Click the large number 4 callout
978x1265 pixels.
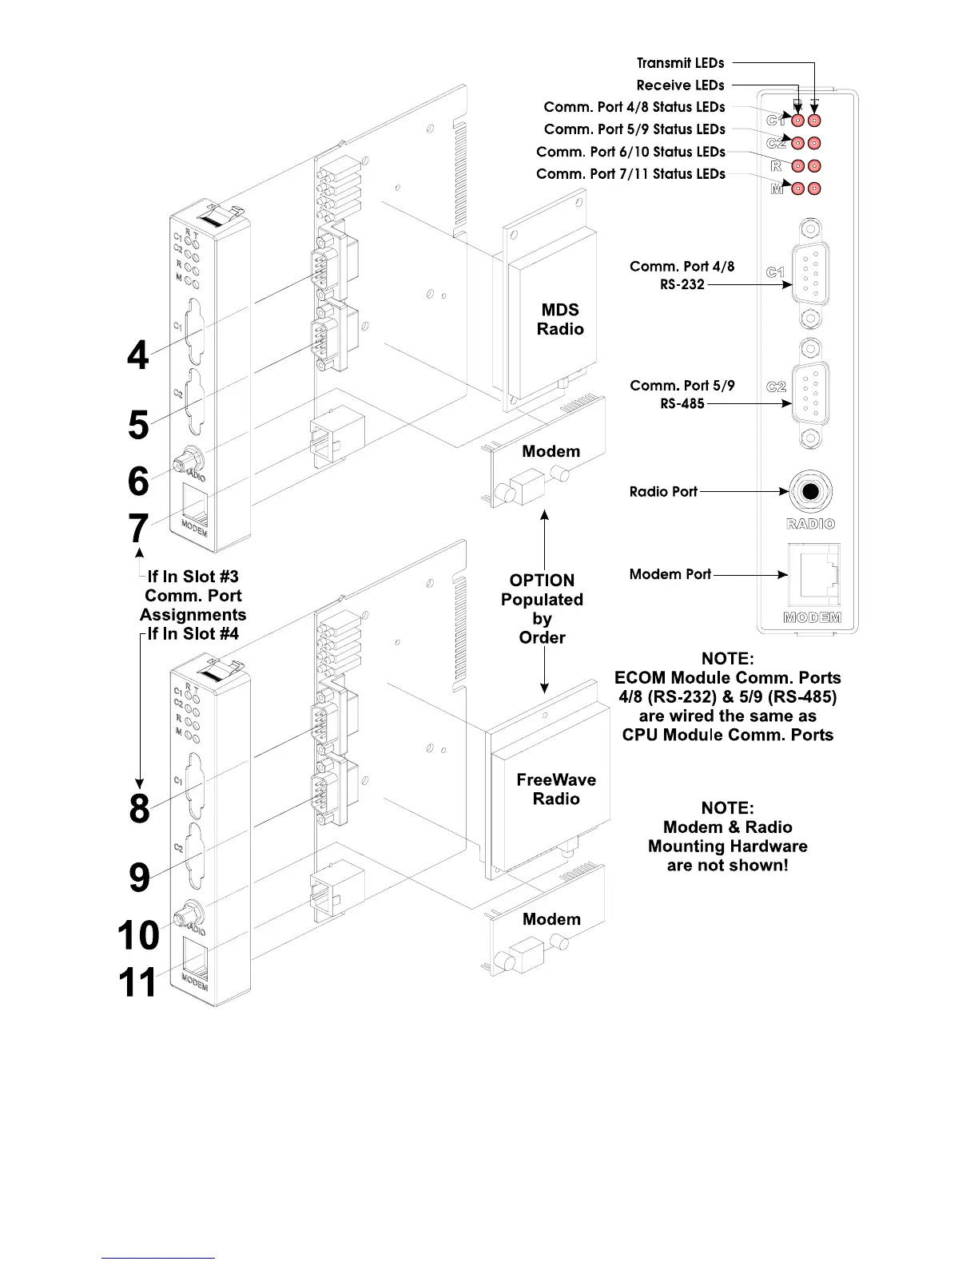(138, 355)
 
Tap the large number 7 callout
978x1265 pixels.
(138, 528)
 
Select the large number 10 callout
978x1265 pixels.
(138, 934)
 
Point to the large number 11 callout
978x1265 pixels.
(137, 981)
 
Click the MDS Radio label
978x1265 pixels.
(559, 319)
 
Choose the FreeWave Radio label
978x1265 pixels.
(556, 789)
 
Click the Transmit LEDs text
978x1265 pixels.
(680, 63)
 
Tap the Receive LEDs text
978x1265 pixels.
(680, 85)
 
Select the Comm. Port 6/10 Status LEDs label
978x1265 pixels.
(630, 152)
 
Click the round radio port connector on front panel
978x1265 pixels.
(810, 491)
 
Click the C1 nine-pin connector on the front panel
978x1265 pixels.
(810, 273)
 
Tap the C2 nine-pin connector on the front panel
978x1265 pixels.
(810, 388)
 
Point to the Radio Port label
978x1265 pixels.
(663, 492)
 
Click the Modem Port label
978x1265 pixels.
(670, 574)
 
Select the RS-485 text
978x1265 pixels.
(682, 404)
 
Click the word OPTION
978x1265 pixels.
(542, 581)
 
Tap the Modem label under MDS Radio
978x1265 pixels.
(551, 451)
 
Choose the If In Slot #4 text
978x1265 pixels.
(193, 634)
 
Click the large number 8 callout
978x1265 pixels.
(139, 808)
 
